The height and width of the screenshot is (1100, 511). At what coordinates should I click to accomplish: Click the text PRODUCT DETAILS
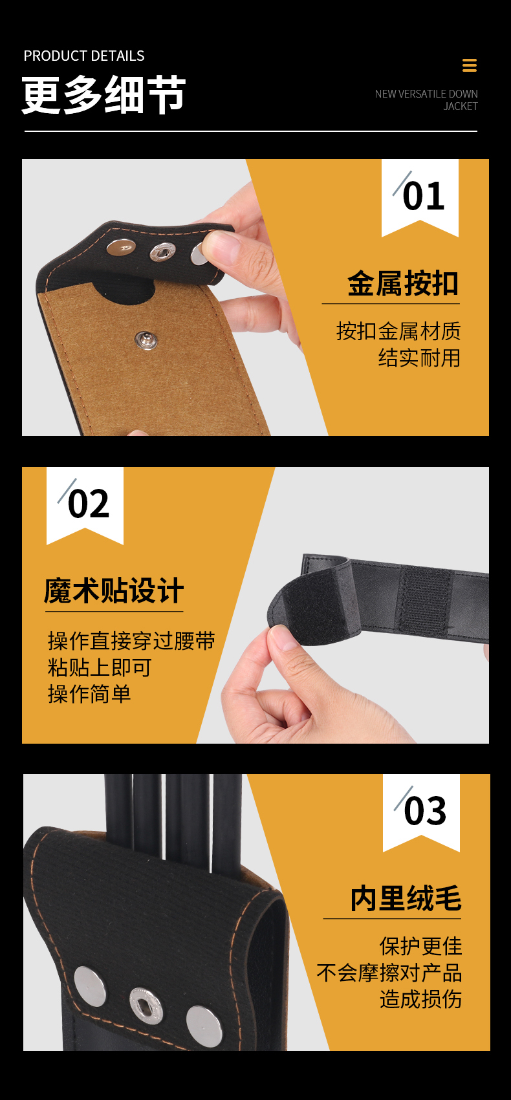[x=84, y=56]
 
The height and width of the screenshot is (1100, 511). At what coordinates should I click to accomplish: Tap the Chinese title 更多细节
[x=103, y=95]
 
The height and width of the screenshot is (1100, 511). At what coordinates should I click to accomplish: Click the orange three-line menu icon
[x=470, y=65]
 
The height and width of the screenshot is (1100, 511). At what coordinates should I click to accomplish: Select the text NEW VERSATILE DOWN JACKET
[x=426, y=100]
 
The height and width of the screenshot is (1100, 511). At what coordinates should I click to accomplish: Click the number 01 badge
[x=420, y=197]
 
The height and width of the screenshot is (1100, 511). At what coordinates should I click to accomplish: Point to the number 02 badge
[x=85, y=505]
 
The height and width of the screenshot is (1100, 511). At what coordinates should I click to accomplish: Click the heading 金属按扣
[x=403, y=283]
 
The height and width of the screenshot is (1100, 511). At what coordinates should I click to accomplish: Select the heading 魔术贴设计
[x=114, y=590]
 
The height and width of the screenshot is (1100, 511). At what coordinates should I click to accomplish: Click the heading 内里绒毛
[x=406, y=898]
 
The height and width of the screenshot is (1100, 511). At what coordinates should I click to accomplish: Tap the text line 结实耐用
[x=419, y=358]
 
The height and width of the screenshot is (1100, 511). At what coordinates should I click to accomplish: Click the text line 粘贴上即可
[x=100, y=667]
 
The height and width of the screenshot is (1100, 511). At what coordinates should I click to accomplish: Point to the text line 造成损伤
[x=420, y=999]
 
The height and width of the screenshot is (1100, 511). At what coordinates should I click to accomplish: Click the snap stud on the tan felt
[x=146, y=340]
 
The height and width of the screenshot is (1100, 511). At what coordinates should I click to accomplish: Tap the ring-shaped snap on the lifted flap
[x=163, y=253]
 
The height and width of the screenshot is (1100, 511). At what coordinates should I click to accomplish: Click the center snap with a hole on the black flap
[x=146, y=1006]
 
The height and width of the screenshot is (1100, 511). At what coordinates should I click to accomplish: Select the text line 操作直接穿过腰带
[x=132, y=641]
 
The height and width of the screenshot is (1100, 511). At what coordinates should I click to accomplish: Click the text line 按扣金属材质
[x=398, y=331]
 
